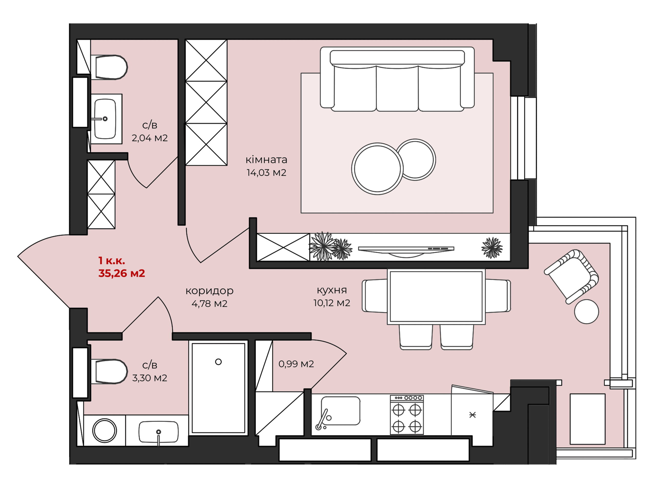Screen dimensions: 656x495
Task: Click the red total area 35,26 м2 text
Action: point(122,273)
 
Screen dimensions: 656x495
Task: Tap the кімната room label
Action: point(266,160)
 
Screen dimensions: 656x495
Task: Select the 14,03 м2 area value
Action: point(266,172)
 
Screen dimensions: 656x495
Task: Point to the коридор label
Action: point(209,291)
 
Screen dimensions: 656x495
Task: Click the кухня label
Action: point(332,290)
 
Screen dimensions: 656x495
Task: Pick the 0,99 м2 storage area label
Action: point(296,364)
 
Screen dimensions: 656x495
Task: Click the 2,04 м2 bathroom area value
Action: point(150,138)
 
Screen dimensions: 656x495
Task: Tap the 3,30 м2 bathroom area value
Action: point(150,378)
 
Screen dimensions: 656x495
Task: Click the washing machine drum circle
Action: point(104,431)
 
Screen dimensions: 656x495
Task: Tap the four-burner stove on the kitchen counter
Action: point(407,415)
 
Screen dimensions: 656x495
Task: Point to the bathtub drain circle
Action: point(219,362)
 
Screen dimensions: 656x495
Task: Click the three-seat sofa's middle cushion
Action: point(397,88)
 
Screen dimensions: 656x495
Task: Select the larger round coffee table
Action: point(377,169)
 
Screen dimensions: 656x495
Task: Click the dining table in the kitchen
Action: point(436,297)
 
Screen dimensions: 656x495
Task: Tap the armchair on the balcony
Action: point(571,276)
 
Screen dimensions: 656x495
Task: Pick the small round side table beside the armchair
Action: point(587,312)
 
